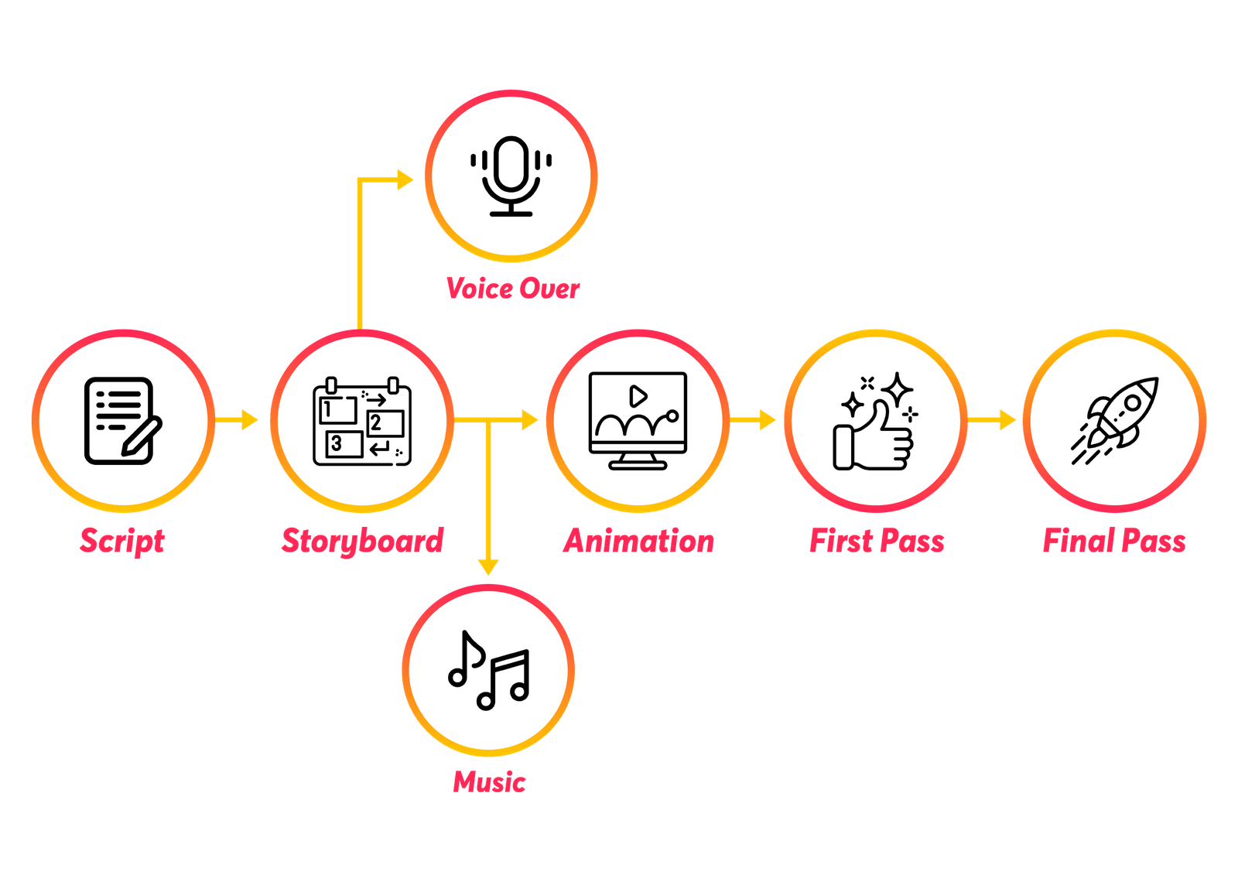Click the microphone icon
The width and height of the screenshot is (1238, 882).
(511, 176)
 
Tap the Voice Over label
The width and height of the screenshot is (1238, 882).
(512, 289)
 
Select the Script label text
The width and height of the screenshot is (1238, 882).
(122, 540)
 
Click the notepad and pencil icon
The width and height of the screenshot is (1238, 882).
(121, 421)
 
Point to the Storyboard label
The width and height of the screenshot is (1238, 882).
(362, 540)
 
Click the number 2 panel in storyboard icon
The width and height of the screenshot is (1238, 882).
(385, 423)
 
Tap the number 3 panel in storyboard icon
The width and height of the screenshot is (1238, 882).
(343, 444)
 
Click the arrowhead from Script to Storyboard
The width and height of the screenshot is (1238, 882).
(248, 420)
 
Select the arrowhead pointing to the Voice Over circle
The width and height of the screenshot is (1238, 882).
(405, 180)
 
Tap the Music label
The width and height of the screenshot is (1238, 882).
(489, 781)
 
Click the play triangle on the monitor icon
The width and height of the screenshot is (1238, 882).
(638, 396)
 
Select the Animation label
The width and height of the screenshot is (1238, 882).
(638, 540)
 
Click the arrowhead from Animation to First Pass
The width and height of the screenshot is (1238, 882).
(767, 420)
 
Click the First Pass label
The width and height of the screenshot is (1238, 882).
(877, 540)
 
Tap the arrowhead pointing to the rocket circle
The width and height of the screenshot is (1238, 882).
(1007, 420)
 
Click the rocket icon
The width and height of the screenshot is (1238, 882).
(1115, 420)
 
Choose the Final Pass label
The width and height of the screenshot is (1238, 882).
(1113, 540)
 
